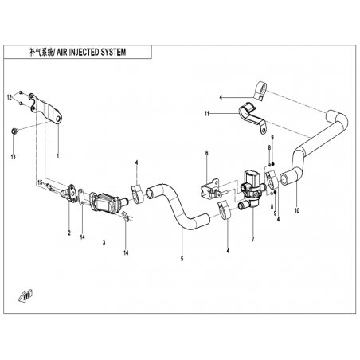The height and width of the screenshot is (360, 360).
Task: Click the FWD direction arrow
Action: (25, 296)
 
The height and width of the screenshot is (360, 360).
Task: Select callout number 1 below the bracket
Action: (58, 156)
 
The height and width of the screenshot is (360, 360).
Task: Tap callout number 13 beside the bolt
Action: (14, 157)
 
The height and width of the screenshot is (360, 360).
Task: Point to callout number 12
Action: (10, 97)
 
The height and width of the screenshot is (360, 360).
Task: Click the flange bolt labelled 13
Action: (14, 131)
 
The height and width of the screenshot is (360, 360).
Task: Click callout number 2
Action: (69, 233)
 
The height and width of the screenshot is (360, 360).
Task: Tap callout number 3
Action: (104, 242)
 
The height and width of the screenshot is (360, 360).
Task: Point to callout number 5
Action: (182, 258)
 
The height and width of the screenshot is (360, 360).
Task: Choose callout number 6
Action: (207, 153)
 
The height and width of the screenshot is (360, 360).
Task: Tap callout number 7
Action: (253, 239)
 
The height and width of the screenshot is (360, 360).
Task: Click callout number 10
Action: (297, 211)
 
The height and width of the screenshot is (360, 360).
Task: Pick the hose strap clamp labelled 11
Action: (252, 117)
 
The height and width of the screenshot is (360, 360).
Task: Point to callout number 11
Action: (207, 114)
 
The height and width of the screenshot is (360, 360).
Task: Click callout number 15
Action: (40, 182)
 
